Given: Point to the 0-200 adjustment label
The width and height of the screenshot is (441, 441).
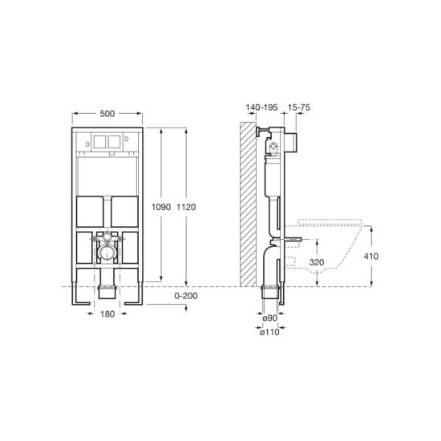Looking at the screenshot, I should point(186,297).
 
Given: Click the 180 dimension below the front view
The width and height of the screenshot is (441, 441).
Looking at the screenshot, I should point(107,314).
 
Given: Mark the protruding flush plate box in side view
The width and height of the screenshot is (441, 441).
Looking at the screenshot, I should point(293,142).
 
